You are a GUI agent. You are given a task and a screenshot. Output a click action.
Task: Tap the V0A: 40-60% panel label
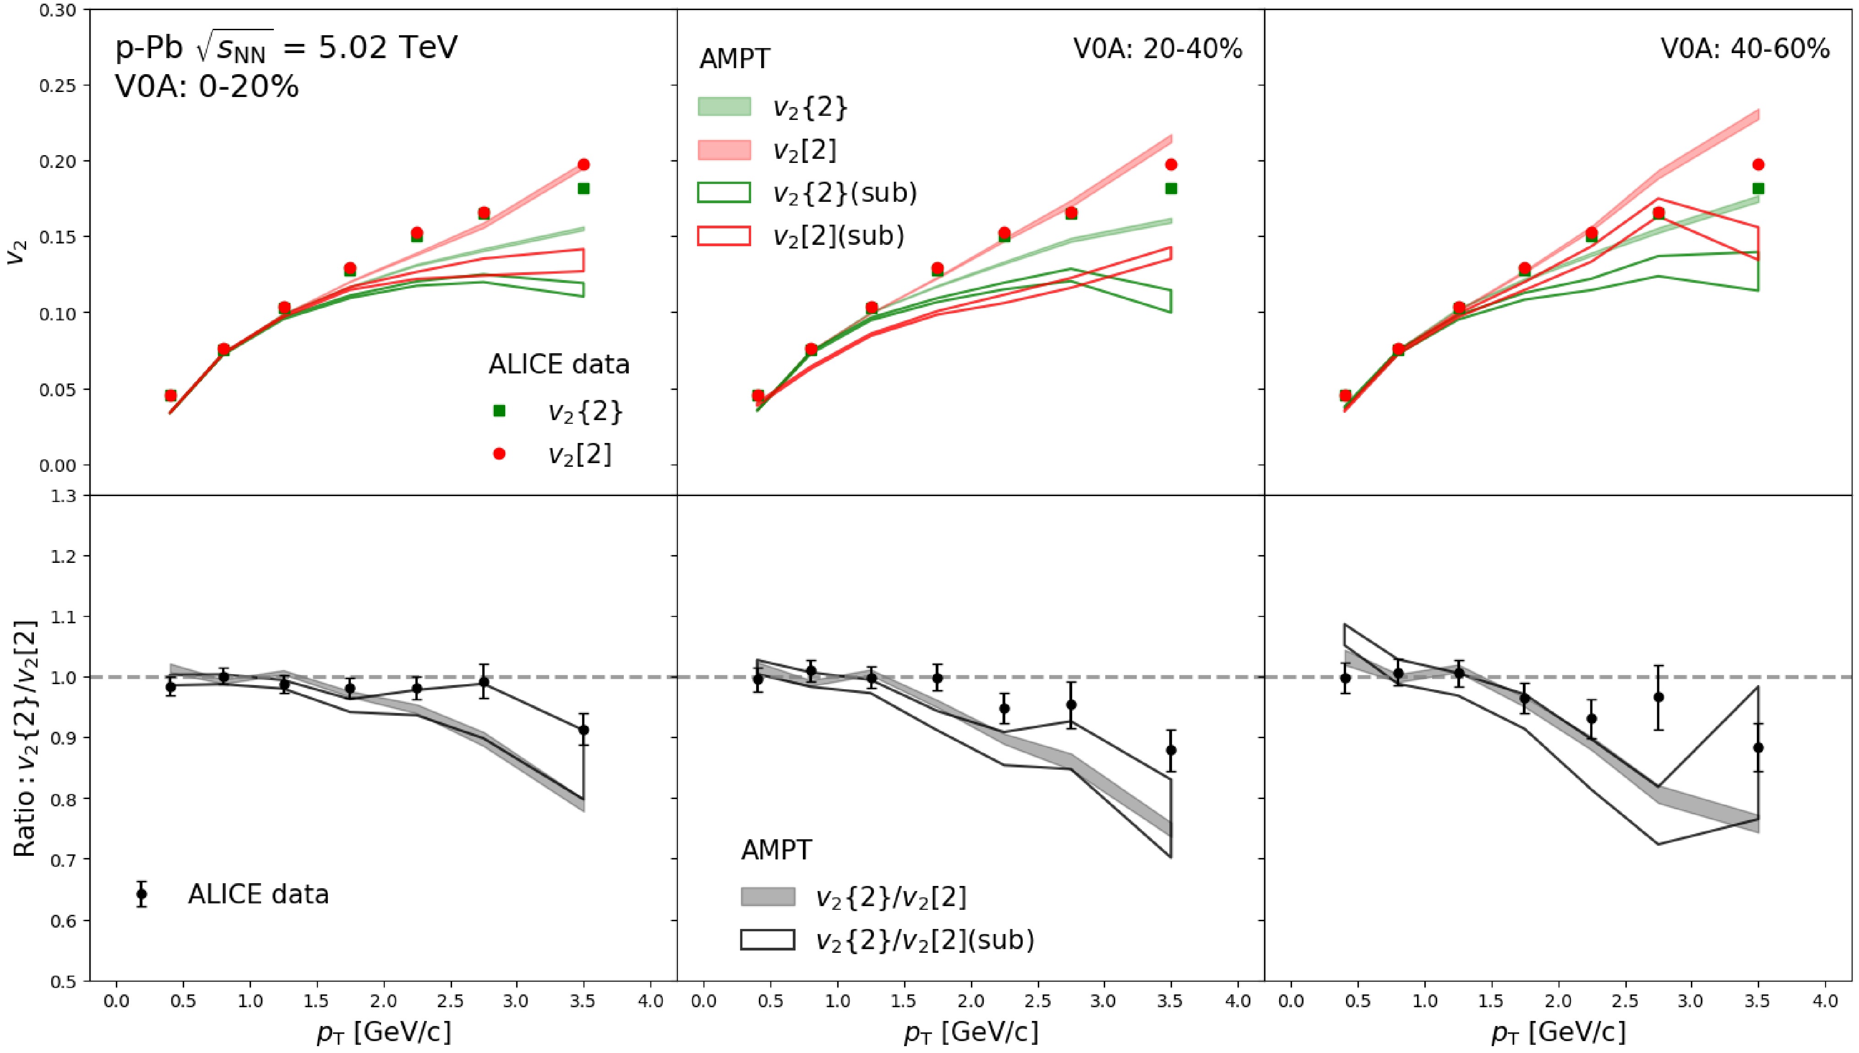click(1745, 49)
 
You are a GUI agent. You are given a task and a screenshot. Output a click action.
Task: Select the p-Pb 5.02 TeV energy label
click(286, 48)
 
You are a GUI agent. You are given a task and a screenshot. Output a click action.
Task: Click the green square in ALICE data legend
click(499, 411)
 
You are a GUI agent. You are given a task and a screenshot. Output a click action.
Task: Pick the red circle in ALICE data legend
click(499, 454)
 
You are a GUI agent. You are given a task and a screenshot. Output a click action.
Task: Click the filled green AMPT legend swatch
click(724, 107)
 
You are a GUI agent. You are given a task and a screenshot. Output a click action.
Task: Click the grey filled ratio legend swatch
click(768, 897)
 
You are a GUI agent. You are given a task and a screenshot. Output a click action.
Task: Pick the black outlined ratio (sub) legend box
click(768, 940)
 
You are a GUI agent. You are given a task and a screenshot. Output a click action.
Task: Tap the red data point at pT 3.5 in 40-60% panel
click(1758, 165)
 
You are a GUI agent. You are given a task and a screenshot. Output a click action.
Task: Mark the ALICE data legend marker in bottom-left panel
click(142, 894)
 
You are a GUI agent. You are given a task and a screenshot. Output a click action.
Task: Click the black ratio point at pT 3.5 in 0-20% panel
click(583, 730)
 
